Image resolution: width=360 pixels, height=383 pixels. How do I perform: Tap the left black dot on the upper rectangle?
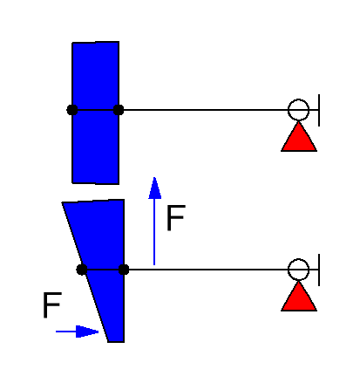72,110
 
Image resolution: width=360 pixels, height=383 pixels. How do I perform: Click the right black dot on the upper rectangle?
119,110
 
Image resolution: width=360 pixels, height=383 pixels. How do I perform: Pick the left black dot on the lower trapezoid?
82,270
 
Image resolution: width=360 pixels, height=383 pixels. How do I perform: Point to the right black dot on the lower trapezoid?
124,270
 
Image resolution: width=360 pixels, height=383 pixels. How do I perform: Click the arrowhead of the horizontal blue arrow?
87,332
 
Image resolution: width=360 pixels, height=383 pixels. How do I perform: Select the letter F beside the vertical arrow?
176,218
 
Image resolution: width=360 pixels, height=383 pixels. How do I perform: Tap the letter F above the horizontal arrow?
52,305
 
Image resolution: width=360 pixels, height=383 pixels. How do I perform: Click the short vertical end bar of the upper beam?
319,110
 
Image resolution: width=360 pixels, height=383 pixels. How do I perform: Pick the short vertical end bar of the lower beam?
319,270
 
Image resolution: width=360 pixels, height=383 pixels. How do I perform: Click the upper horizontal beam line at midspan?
203,110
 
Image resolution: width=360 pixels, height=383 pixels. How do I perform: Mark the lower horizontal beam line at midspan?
206,270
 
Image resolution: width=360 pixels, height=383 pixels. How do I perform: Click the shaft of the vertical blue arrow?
154,232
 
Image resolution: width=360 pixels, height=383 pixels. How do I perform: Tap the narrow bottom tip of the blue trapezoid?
116,341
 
